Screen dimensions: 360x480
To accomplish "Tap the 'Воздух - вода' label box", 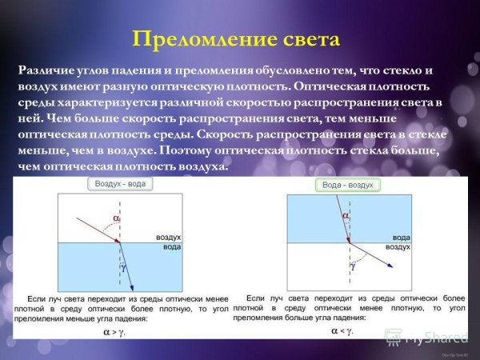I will point(120,183).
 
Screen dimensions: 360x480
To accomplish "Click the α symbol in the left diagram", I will point(117,217).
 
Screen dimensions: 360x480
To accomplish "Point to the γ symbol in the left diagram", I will point(124,259).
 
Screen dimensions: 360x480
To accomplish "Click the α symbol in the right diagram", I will point(346,216).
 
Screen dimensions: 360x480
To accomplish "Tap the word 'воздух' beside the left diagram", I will point(170,238).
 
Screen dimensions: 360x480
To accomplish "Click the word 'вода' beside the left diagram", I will point(171,248).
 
